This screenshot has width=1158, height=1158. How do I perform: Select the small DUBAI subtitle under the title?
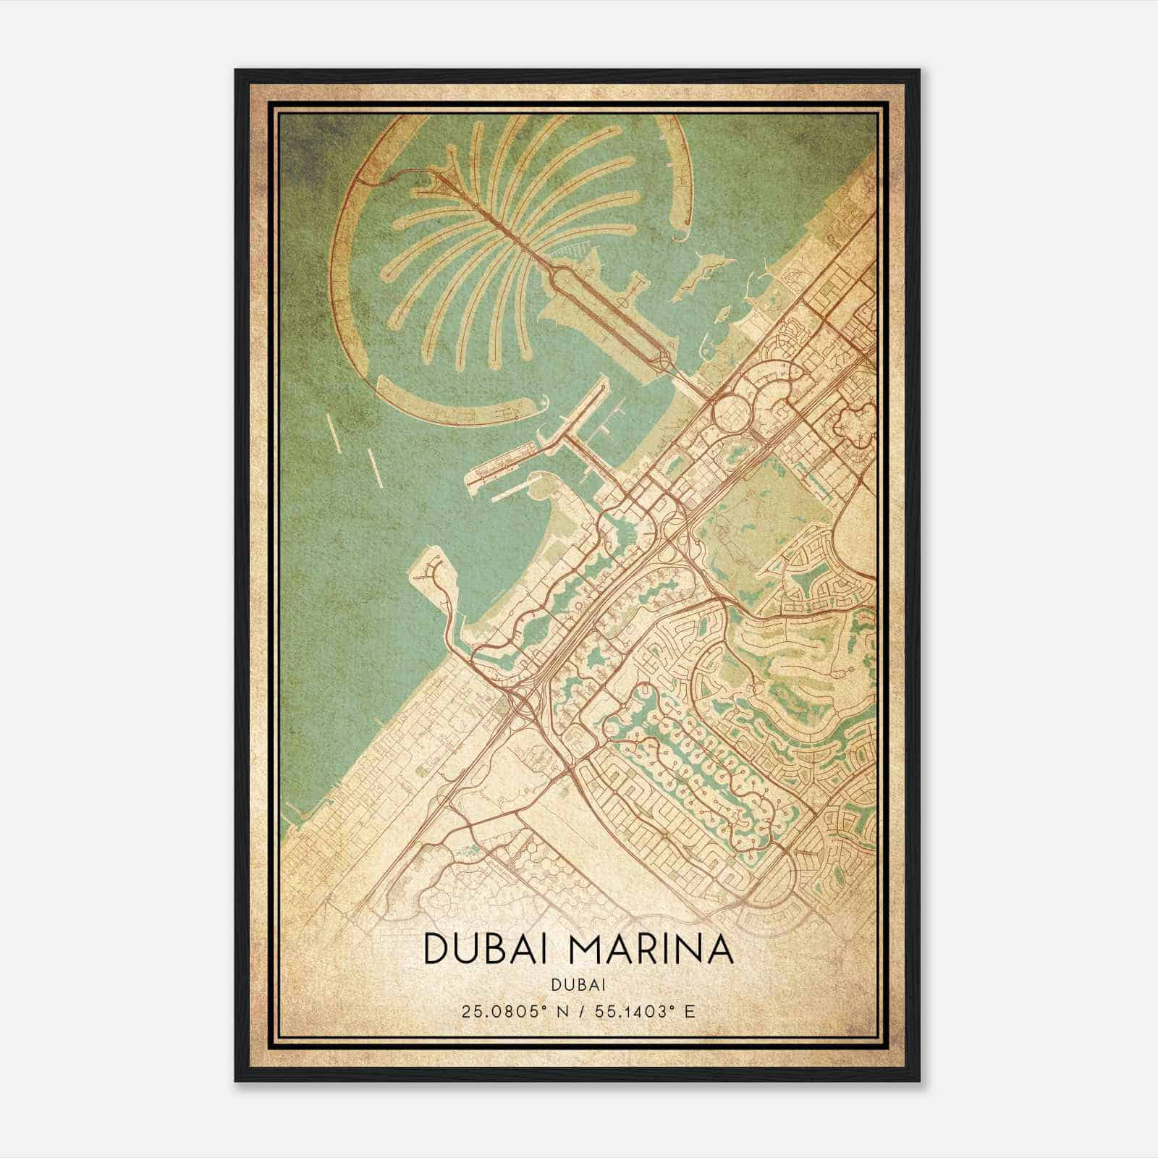pyautogui.click(x=578, y=984)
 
